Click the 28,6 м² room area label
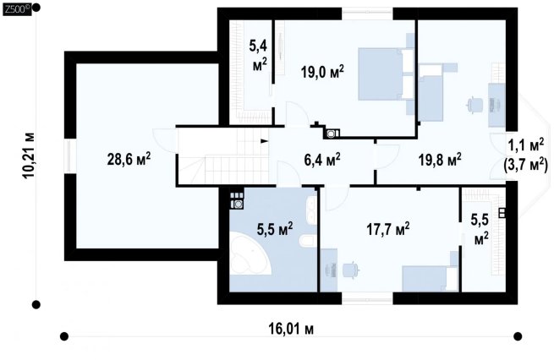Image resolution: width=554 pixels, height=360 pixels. click(129, 159)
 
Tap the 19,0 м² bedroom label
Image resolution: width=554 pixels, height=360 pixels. click(322, 72)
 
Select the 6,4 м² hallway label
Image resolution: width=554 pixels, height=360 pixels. click(322, 159)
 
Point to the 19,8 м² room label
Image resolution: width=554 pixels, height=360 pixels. click(440, 159)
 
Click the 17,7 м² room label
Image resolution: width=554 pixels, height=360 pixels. click(388, 229)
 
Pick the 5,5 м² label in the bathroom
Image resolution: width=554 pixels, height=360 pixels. click(275, 229)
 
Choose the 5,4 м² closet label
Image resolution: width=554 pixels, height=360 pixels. click(259, 56)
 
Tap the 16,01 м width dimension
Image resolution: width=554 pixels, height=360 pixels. click(291, 330)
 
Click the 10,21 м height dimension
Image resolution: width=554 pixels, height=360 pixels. click(29, 155)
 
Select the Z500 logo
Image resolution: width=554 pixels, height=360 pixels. click(17, 9)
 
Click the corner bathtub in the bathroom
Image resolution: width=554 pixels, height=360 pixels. click(250, 253)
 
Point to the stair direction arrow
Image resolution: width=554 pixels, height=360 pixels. click(264, 141)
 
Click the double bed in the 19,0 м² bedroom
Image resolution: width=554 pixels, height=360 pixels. click(386, 74)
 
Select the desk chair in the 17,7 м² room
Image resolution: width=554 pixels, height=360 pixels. click(352, 270)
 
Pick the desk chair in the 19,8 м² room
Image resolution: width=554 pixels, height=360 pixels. click(474, 105)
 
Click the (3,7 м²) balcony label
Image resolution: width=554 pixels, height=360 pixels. click(525, 164)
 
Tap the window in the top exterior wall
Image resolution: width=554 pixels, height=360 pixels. click(367, 14)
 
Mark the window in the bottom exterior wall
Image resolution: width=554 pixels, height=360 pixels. click(367, 298)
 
